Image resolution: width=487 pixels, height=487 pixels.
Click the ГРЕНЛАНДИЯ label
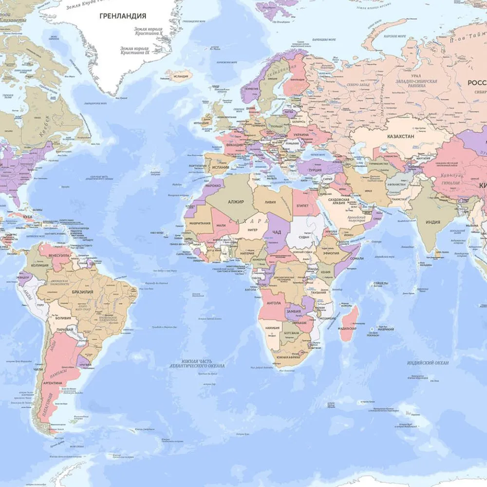[x=123, y=16]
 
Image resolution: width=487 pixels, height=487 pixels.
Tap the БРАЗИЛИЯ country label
[x=82, y=292]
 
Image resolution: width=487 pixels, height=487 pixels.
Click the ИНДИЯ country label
[x=432, y=222]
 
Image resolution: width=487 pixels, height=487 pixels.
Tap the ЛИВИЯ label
[x=269, y=202]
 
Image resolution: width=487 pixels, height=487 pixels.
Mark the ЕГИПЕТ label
[x=302, y=206]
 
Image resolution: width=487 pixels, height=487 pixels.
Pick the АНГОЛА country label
[x=273, y=303]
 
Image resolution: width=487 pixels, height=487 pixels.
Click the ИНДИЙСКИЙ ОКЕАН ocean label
[x=428, y=363]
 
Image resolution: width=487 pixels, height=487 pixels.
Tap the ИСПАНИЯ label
[x=220, y=167]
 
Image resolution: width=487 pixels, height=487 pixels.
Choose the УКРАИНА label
[x=300, y=134]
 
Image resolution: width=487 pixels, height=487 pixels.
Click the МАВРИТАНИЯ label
[x=200, y=224]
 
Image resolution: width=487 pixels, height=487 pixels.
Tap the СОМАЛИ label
[x=357, y=259]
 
